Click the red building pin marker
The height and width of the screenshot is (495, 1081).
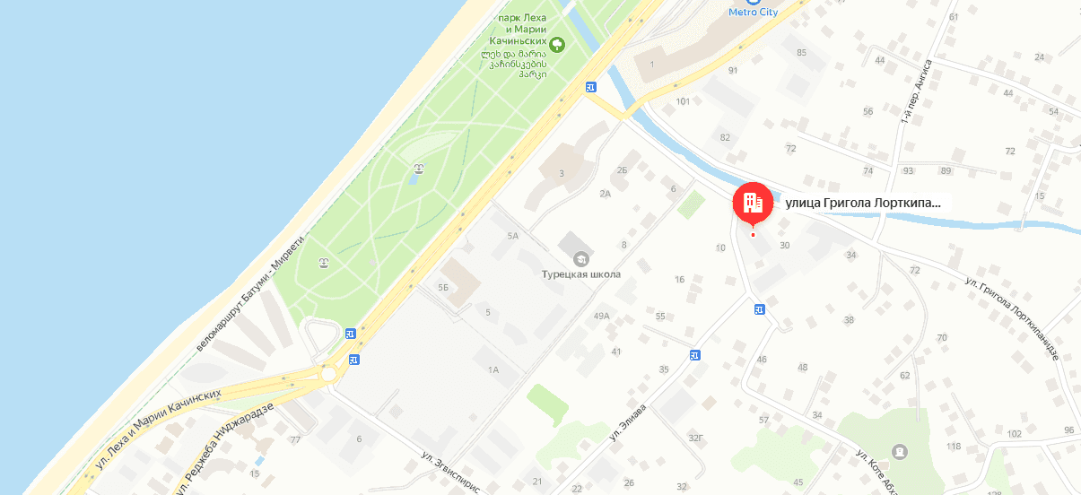753,204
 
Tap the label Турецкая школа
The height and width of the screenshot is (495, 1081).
581,274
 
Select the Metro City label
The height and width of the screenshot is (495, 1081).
753,11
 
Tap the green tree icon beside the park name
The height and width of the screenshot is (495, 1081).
557,42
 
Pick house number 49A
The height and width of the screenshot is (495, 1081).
601,316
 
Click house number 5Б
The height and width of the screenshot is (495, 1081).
442,288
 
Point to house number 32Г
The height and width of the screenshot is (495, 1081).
694,439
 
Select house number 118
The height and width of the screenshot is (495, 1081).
954,447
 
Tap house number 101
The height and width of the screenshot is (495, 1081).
683,101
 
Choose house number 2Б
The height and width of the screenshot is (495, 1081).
622,170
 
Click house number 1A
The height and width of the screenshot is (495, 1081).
493,370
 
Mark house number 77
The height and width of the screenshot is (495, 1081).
295,439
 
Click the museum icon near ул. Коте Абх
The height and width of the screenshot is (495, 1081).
900,450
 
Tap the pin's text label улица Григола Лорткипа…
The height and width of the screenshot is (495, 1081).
863,203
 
